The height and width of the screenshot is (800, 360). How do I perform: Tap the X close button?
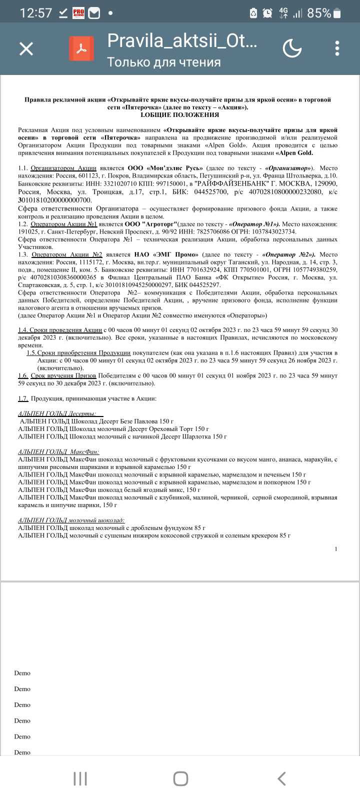26,48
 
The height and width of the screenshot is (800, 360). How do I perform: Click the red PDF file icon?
81,48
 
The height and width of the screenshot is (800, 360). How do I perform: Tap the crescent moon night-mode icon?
292,48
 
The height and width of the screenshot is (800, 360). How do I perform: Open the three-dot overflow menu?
337,48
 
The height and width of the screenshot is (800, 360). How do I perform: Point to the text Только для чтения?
163,62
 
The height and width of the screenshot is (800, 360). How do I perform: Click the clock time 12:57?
35,13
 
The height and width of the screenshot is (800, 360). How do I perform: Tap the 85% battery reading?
319,13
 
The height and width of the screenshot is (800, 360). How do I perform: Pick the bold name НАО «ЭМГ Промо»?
165,254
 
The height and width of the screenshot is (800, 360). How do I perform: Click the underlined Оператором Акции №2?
67,254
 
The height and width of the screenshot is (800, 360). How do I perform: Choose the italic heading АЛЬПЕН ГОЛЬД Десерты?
58,413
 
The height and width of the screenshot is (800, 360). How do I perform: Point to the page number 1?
336,548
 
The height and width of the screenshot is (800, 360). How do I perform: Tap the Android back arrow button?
281,778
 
